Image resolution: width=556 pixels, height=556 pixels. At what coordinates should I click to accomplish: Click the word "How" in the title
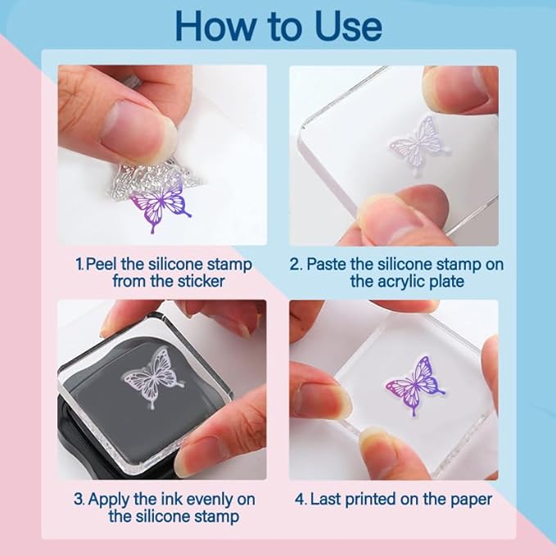[215, 26]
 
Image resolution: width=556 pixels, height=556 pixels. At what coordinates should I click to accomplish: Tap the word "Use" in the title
[348, 26]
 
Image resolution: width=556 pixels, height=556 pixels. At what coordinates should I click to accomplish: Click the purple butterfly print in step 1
[160, 207]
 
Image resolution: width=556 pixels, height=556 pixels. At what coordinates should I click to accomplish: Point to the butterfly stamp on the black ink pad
[153, 377]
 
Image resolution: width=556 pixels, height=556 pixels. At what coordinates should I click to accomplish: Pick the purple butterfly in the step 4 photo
[415, 386]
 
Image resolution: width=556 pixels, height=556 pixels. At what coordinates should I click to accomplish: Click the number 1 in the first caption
[79, 264]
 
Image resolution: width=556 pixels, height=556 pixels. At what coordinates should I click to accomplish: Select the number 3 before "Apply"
[79, 499]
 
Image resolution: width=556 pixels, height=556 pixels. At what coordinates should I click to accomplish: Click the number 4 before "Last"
[301, 499]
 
